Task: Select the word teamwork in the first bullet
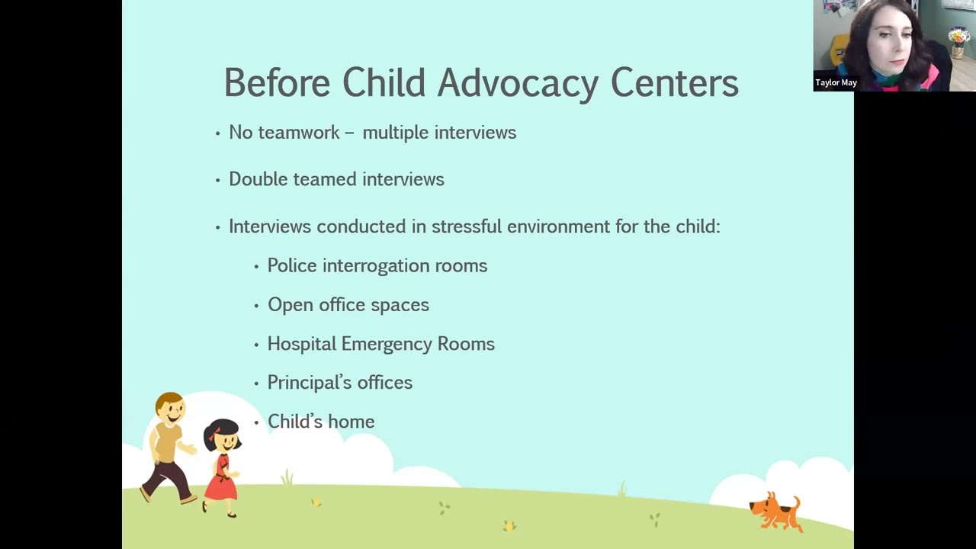299,133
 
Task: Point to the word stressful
467,226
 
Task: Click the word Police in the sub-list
291,265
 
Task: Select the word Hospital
301,344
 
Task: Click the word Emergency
387,344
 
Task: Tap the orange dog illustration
775,510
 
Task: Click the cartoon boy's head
170,409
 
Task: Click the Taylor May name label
836,82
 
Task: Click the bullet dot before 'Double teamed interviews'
218,180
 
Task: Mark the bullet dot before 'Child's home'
256,422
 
